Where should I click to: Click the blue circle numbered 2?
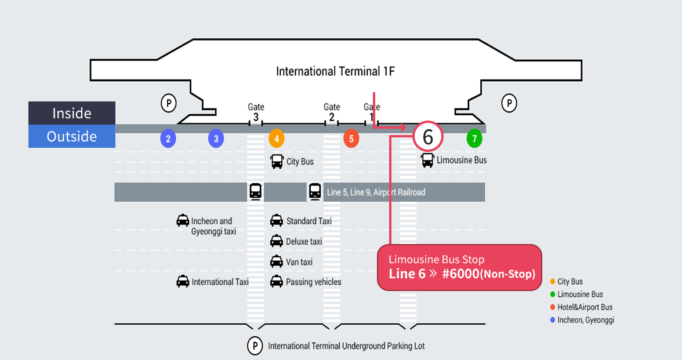(168, 139)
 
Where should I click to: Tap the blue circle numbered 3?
(216, 139)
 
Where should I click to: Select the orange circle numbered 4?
(277, 139)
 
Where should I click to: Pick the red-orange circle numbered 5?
(351, 139)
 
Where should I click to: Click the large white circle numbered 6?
(428, 137)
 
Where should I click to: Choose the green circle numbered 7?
(474, 139)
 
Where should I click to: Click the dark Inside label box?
(72, 113)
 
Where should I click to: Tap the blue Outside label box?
(72, 136)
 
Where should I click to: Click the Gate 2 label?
(332, 112)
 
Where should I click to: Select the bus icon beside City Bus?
(277, 162)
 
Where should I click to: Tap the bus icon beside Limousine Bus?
(427, 160)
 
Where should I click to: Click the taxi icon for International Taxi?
(183, 282)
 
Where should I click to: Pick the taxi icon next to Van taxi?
(277, 262)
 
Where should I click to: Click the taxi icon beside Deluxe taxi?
(277, 241)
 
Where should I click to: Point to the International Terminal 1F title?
(335, 71)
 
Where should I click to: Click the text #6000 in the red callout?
(460, 274)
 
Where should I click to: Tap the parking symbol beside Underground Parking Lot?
(255, 346)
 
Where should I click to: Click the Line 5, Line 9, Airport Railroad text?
(376, 192)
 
